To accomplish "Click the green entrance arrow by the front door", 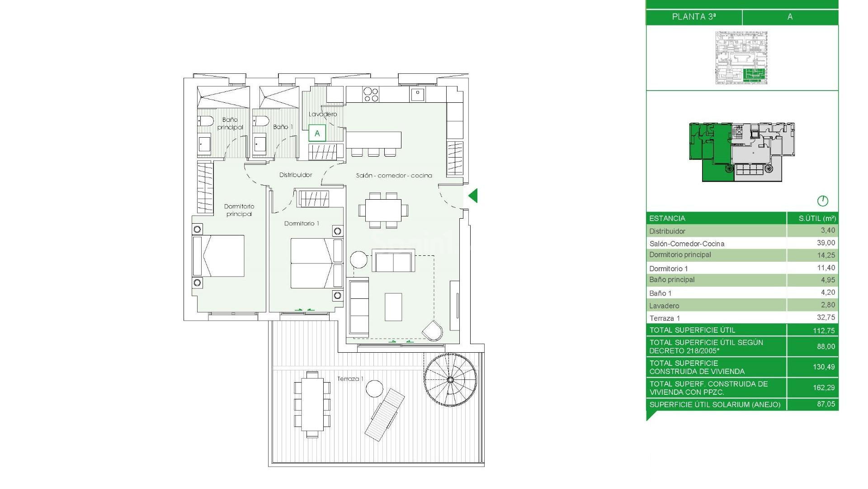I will point(473,196).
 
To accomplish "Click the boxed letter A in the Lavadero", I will point(317,134).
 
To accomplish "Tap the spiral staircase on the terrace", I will point(450,379).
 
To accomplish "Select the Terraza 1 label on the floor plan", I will point(350,379).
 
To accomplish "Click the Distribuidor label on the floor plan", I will point(296,175).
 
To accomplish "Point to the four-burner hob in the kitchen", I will point(371,95).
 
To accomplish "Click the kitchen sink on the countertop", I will point(417,94).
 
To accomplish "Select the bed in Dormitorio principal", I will point(219,256).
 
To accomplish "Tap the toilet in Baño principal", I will point(206,121).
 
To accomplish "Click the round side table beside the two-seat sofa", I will point(359,260).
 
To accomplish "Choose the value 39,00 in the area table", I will point(826,243).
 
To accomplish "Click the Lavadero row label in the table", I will point(664,306).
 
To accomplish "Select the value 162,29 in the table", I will point(824,388).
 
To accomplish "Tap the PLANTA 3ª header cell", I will point(693,17).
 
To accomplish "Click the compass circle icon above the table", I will point(822,201).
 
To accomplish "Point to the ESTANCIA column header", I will point(667,218).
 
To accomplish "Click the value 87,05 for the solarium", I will point(826,404).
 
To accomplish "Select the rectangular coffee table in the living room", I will point(393,307).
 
